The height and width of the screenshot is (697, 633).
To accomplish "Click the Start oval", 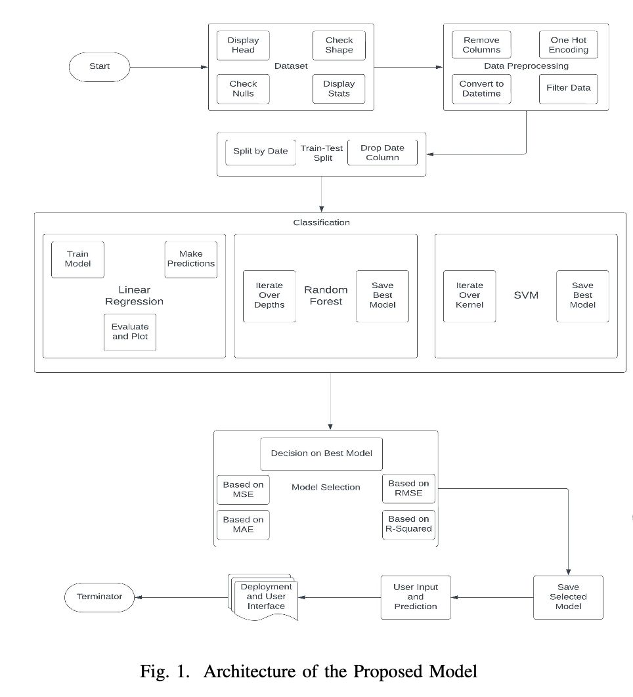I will tap(99, 67).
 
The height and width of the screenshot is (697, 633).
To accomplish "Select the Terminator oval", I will tap(99, 597).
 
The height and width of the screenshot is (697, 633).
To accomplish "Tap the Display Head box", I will tap(243, 45).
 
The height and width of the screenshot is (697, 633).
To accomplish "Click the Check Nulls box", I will tap(243, 89).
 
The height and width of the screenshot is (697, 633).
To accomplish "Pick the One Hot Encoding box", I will tap(569, 45).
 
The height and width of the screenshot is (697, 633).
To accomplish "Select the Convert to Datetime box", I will tap(481, 89).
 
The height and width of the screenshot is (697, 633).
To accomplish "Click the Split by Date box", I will tap(260, 152).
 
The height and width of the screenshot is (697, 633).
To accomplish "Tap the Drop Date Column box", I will tap(382, 152).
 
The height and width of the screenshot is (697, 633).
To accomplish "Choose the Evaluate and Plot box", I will tap(130, 331).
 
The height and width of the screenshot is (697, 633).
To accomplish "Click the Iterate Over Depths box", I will tap(269, 295).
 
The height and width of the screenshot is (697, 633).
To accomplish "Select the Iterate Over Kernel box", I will tap(469, 295).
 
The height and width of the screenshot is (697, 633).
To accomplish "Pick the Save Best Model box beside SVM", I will tap(582, 295).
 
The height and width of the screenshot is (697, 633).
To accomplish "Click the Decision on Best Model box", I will tap(321, 454).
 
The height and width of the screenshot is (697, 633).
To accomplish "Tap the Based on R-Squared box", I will tap(408, 524).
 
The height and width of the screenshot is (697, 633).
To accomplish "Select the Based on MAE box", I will tap(243, 524).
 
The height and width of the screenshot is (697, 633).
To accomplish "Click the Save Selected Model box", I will tap(568, 597).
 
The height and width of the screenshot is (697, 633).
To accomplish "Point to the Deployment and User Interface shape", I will tap(266, 597).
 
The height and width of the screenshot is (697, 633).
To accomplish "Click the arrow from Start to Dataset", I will tap(167, 67).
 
